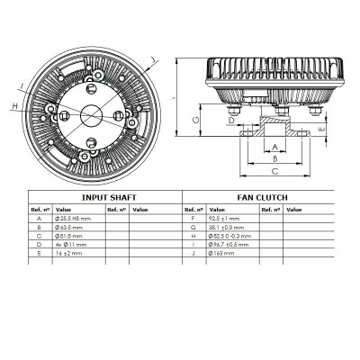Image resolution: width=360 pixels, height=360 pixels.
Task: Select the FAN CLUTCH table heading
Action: (x=260, y=196)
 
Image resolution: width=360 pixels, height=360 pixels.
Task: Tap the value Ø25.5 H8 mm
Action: (x=74, y=218)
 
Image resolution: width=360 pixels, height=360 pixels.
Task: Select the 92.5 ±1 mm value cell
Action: (x=225, y=218)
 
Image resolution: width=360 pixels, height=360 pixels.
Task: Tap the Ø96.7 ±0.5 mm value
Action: (x=229, y=244)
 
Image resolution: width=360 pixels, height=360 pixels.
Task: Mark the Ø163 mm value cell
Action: (x=222, y=253)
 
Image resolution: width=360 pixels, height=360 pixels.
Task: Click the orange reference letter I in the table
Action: (x=193, y=244)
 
